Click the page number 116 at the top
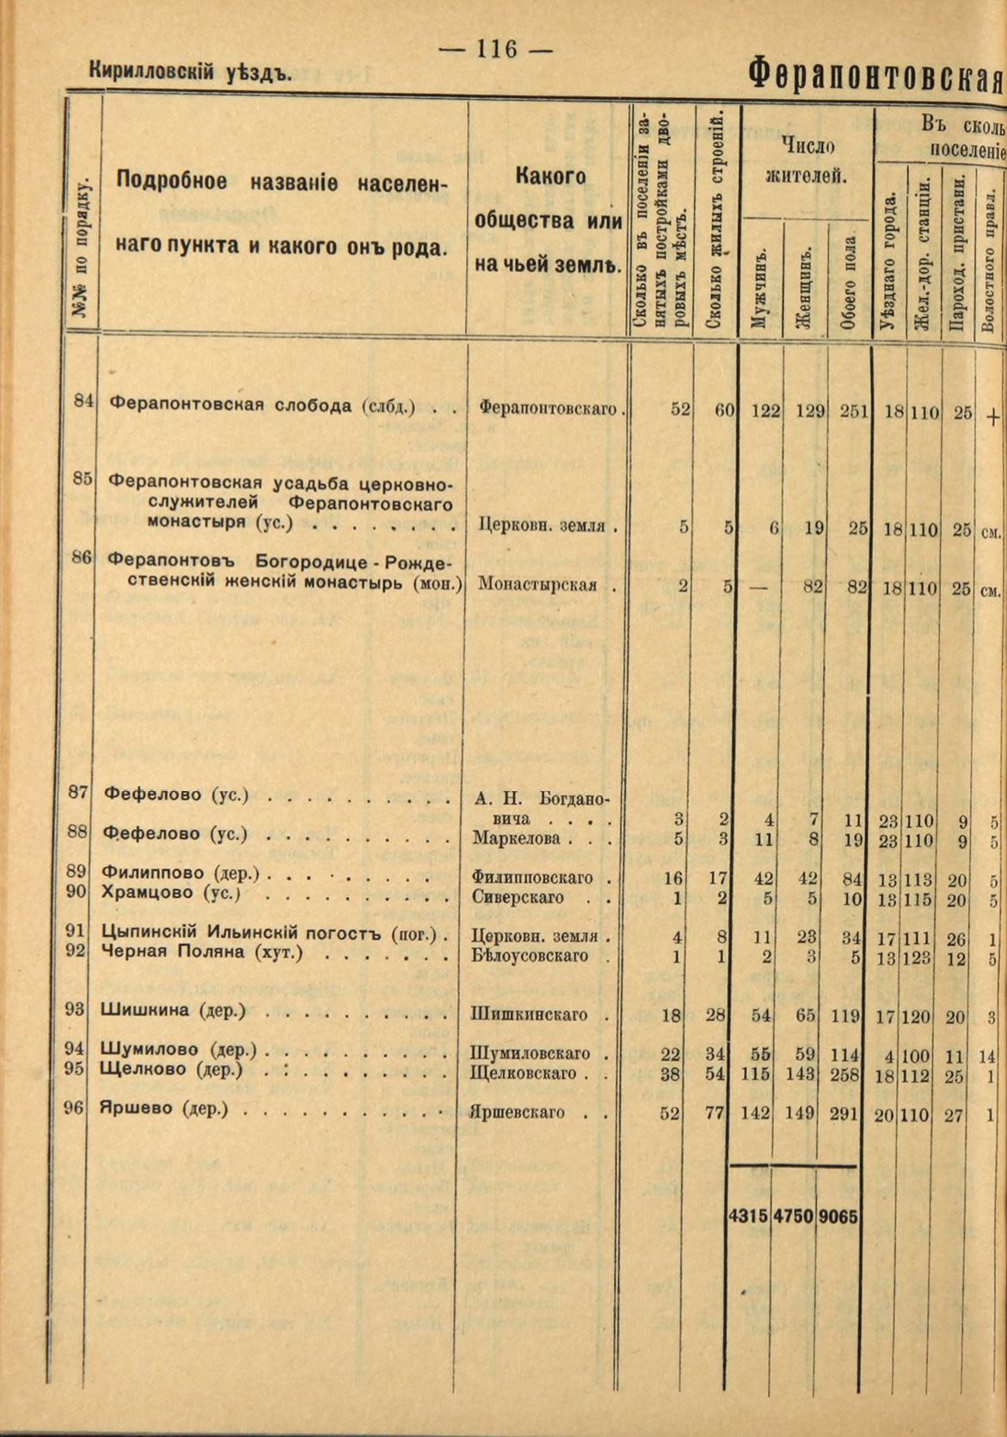[x=495, y=50]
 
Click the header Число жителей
[x=806, y=159]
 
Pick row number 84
[x=83, y=400]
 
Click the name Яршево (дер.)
[x=164, y=1108]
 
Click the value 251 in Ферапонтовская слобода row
[x=854, y=411]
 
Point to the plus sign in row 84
[x=992, y=418]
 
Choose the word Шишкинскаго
[x=529, y=1015]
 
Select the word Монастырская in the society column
[x=537, y=585]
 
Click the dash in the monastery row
[x=758, y=586]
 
